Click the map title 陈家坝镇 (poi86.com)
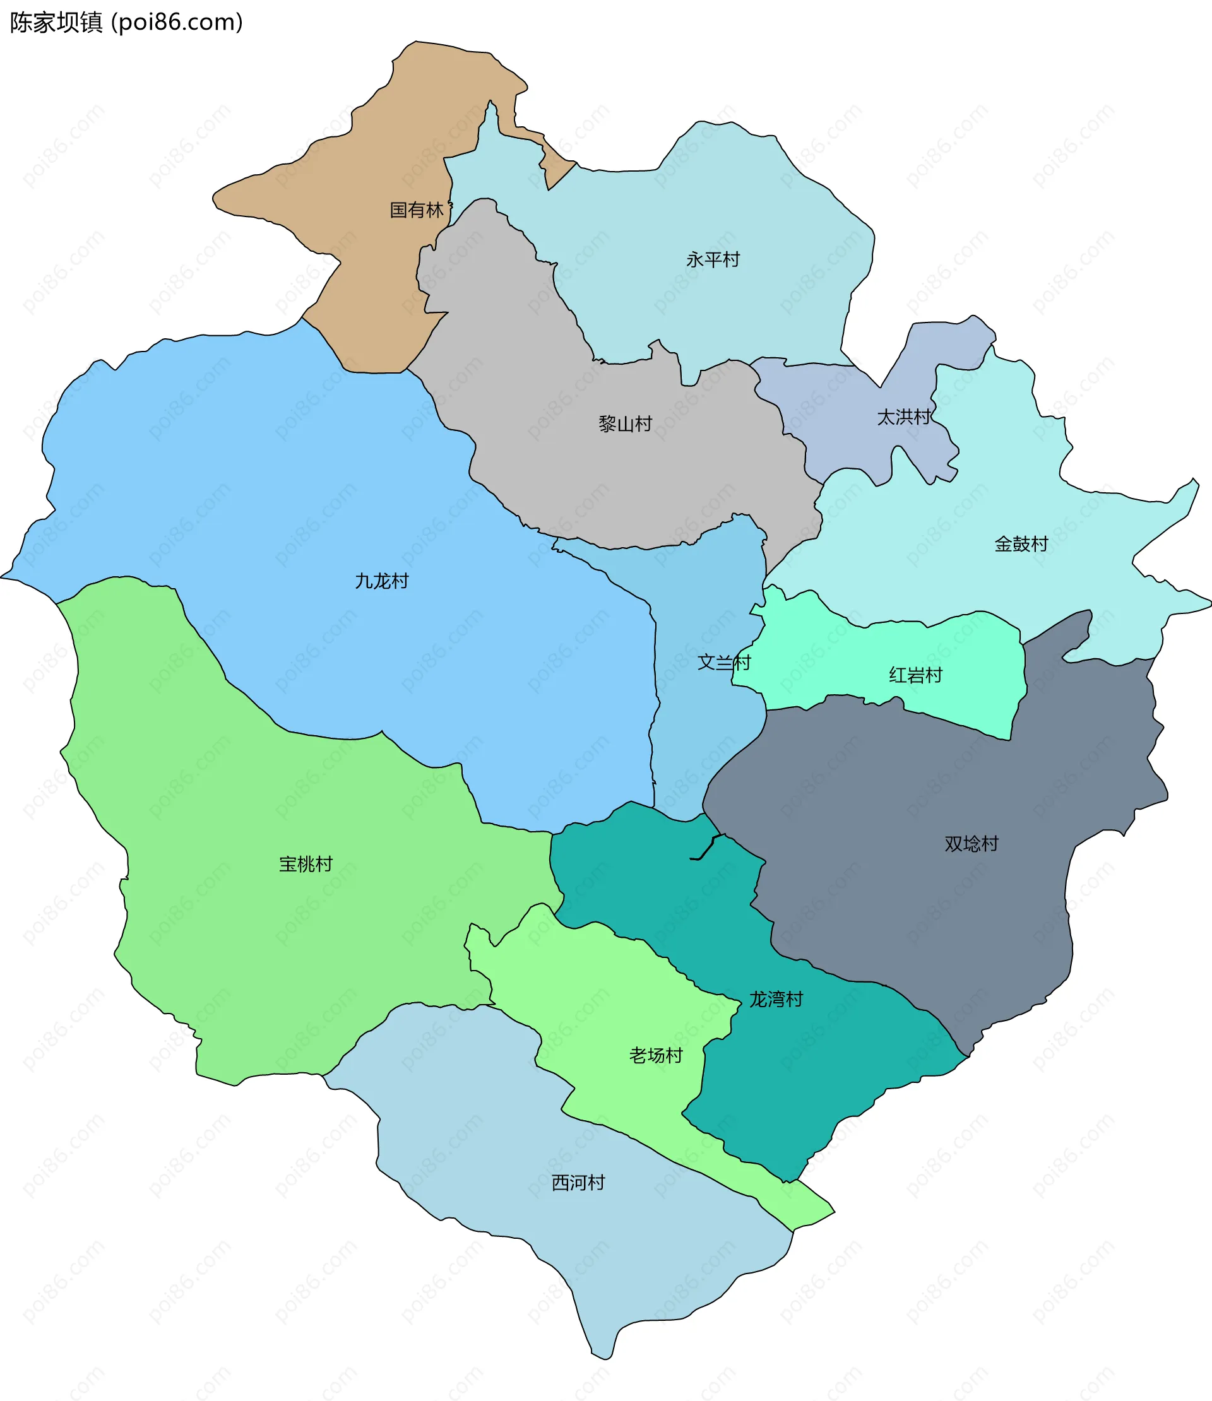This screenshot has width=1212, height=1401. click(x=126, y=22)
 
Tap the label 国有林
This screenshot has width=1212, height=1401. click(x=417, y=210)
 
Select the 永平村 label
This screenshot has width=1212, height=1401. click(x=713, y=259)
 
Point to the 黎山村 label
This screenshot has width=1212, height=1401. click(x=625, y=424)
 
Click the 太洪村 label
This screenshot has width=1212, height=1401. click(x=903, y=417)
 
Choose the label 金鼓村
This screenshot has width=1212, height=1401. click(x=1021, y=543)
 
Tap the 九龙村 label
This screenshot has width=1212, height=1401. click(x=381, y=581)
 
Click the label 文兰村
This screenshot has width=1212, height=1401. click(x=723, y=662)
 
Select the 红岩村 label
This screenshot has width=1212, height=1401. click(x=915, y=675)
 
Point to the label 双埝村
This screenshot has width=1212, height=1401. click(x=971, y=843)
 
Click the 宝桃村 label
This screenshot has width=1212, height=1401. click(x=306, y=863)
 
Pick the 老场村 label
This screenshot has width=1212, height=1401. click(x=655, y=1055)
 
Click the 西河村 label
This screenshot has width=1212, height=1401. click(x=578, y=1183)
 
